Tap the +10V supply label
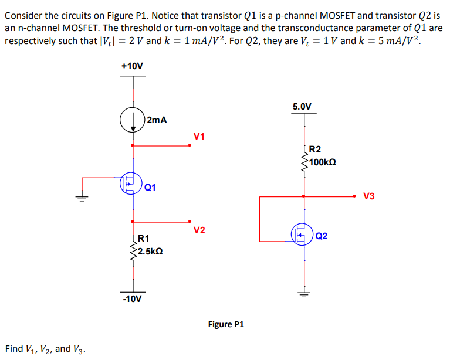coord(132,66)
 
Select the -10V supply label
coord(132,299)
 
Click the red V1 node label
coord(199,136)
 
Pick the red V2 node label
coord(199,230)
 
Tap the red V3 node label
coord(369,196)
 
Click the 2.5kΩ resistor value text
coord(150,252)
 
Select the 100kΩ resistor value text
coord(323,162)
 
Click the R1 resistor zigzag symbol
coord(133,251)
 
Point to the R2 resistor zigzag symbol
coord(304,162)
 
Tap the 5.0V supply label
coord(302,107)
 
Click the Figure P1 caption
coord(226,324)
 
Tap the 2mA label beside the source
coord(157,120)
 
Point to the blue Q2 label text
coord(322,236)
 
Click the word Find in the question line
coord(14,348)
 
